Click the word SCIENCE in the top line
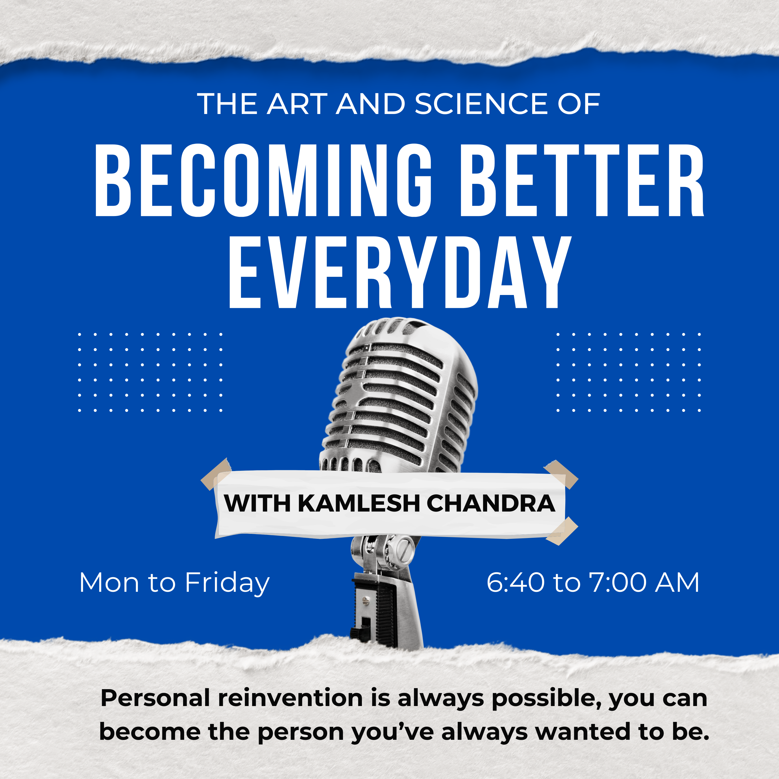[482, 104]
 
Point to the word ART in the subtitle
[297, 104]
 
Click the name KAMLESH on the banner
[359, 503]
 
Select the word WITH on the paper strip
[257, 503]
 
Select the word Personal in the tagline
[155, 698]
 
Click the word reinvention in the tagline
[290, 698]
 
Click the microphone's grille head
[399, 397]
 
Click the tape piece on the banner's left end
[217, 474]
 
